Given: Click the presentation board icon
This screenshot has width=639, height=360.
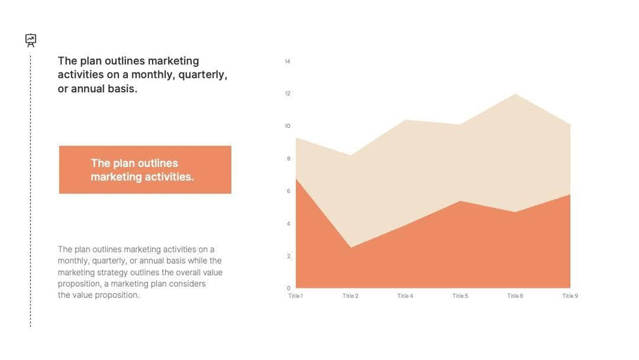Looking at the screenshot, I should pos(31,40).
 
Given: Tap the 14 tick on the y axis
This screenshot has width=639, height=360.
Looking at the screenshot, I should pos(287,61).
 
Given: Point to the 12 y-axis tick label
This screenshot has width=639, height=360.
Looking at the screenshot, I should pos(287,94).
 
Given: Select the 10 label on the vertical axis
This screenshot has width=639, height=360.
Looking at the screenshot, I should pos(287,126).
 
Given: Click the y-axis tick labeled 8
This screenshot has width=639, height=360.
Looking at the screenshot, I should pos(288,158).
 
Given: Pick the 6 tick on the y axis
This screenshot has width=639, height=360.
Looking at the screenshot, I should pos(288,191).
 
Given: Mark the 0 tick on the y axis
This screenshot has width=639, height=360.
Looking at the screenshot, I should pos(288,288).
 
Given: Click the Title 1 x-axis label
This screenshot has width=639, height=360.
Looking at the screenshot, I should pos(295,296).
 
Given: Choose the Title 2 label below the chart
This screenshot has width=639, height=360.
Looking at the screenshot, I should pos(350,296).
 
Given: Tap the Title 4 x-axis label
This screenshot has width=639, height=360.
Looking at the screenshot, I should pos(405,296).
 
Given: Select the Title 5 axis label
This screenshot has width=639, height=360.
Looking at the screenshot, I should pos(460,296).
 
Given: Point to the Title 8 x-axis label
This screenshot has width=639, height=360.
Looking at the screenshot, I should pos(514,296).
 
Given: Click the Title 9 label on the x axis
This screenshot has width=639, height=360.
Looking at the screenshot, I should pos(570,296).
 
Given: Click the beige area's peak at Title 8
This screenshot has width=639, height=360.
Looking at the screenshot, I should pos(515,95).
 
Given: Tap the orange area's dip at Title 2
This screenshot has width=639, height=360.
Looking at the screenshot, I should pos(351,247).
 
